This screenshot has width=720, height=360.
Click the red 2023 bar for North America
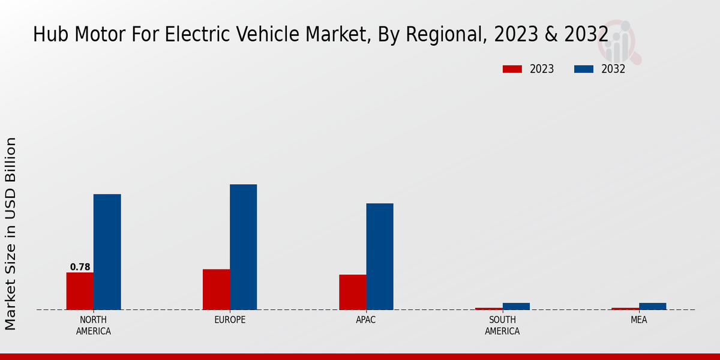coord(80,291)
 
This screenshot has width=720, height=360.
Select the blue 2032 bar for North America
coord(107,252)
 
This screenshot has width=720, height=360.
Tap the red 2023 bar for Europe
coord(216,289)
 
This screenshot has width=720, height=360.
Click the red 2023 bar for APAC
coord(352,292)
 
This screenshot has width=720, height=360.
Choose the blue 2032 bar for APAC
coord(380,257)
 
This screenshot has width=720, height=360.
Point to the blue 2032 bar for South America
coord(516,306)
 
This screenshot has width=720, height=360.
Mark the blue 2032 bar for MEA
coord(652,306)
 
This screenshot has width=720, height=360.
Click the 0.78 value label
coord(80,267)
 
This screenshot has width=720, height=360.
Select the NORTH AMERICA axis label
coord(93,325)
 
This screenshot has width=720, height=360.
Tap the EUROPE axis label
coord(230,320)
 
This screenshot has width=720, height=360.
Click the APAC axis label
coord(365,320)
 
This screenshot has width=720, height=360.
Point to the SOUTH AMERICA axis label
coord(502,325)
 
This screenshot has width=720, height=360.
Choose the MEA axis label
coord(638,320)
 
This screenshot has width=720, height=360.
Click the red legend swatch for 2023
coord(512,69)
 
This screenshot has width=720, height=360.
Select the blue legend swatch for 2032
coord(583,69)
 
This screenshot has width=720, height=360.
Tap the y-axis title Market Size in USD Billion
coord(11,234)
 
